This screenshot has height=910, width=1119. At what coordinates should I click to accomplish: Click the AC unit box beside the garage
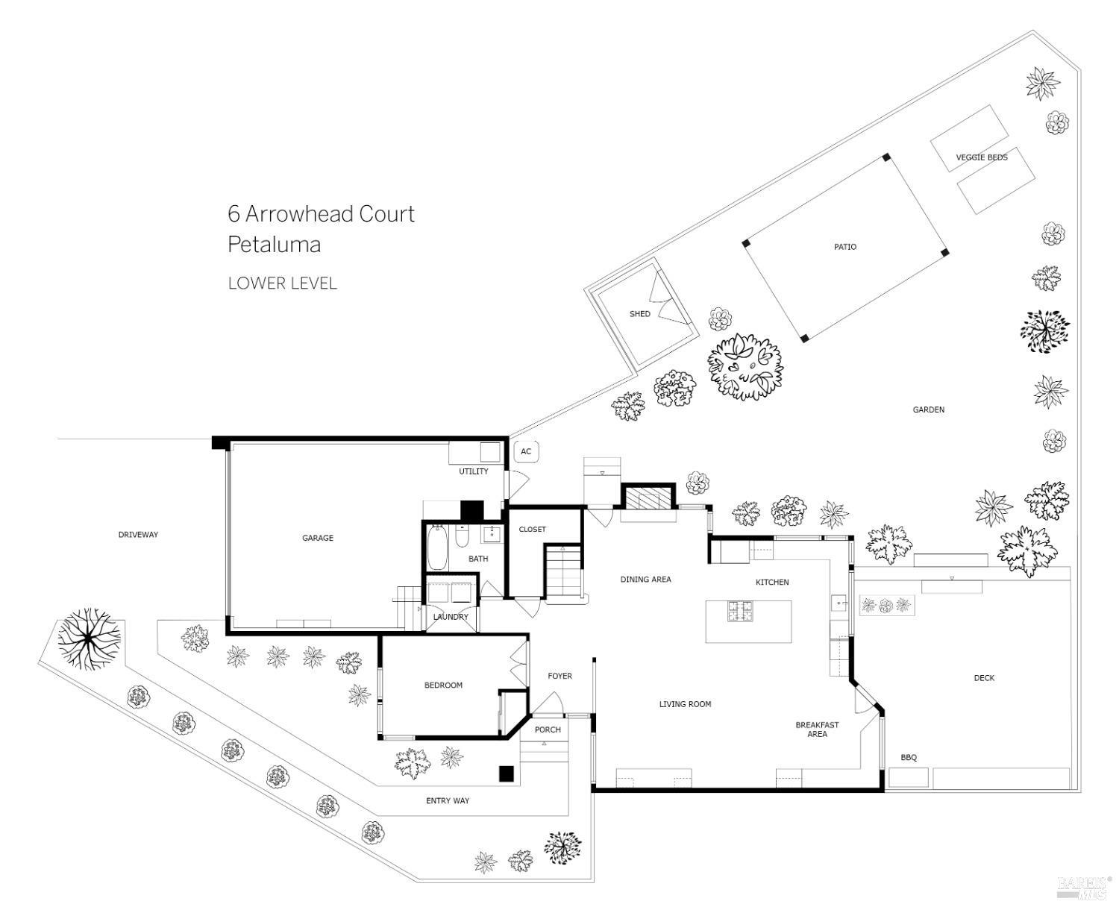point(526,451)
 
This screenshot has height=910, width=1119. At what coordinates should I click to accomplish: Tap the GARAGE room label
point(318,538)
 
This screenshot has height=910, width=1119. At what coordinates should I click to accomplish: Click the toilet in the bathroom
point(462,537)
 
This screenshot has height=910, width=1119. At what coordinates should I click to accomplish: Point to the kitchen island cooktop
point(743,612)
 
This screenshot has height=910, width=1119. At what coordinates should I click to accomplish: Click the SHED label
point(639,314)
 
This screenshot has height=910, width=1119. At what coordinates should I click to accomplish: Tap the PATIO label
point(845,247)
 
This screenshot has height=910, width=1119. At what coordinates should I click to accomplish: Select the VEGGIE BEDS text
point(982,157)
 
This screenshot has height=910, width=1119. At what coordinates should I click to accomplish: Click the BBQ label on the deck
point(908,758)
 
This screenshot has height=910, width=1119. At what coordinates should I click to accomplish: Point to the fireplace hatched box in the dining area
point(648,498)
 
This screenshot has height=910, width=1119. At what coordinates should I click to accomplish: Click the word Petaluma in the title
point(274,245)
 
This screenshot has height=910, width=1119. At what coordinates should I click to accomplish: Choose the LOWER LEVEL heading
point(282,283)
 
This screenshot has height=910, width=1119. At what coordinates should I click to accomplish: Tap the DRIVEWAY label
point(138,535)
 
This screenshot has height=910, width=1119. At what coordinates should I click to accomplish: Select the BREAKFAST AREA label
point(817,729)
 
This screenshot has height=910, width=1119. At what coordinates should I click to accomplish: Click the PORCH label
point(548,729)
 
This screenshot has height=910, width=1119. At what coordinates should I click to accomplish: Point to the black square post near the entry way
point(507,774)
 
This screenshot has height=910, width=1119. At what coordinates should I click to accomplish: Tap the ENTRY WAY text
point(448,801)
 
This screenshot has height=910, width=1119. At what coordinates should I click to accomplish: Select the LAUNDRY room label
point(451,617)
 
